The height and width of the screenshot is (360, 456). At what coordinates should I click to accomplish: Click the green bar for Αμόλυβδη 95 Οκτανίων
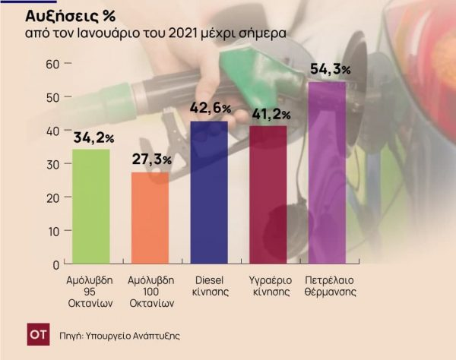tap(91, 207)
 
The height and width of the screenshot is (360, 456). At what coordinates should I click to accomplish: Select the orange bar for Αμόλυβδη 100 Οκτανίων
tap(150, 218)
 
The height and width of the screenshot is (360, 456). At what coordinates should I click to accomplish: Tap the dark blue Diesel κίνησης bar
tap(209, 193)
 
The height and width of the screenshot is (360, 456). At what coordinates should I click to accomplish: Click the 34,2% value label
tap(93, 138)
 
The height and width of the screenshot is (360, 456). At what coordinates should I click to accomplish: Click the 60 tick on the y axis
tap(52, 64)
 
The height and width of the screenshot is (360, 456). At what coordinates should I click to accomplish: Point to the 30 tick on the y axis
tap(52, 164)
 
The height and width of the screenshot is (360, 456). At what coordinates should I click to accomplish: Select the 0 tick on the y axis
tap(55, 264)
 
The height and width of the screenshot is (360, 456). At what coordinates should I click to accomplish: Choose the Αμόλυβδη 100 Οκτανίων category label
tap(150, 290)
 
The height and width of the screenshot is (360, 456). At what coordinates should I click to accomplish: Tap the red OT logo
tap(37, 333)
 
